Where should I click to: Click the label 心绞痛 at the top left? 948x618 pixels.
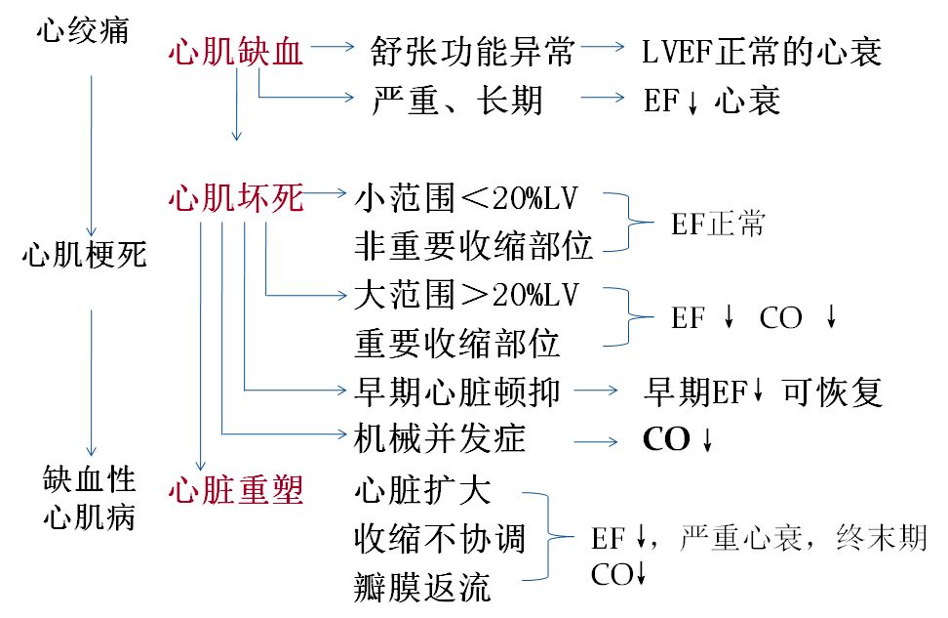click(x=84, y=33)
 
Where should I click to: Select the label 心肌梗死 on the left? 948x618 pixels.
click(x=85, y=257)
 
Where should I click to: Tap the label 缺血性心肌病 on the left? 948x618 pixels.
click(x=90, y=498)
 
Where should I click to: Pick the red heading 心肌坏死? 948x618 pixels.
click(x=235, y=200)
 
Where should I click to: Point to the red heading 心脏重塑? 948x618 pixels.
click(x=235, y=488)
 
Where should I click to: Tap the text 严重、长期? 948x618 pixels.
click(x=457, y=100)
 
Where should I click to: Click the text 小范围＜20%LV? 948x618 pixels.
click(x=466, y=199)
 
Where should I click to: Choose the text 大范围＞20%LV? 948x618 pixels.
click(x=466, y=296)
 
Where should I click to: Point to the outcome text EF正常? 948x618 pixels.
click(x=718, y=225)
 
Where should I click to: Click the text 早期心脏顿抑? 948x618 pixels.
click(x=456, y=391)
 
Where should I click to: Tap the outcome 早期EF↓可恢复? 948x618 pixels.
click(x=762, y=391)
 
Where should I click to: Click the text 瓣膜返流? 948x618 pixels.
click(x=422, y=588)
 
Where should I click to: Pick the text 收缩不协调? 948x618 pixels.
click(x=440, y=538)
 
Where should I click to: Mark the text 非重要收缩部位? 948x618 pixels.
click(x=473, y=247)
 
